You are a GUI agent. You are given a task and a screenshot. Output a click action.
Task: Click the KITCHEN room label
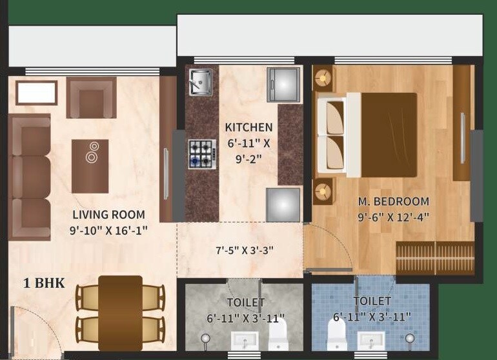pyautogui.click(x=249, y=128)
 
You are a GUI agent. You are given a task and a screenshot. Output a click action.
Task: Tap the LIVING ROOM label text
pyautogui.click(x=108, y=215)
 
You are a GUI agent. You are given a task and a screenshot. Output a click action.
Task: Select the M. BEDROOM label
pyautogui.click(x=393, y=201)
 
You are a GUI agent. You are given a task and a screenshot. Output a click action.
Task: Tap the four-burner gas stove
pyautogui.click(x=201, y=154)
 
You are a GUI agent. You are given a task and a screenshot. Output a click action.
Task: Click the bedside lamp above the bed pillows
pyautogui.click(x=322, y=79)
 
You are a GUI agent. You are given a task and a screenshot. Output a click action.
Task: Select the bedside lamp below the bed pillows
pyautogui.click(x=322, y=190)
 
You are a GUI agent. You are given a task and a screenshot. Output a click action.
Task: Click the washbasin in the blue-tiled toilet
pyautogui.click(x=371, y=340)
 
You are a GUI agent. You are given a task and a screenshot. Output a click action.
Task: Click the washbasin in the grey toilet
pyautogui.click(x=244, y=340)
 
